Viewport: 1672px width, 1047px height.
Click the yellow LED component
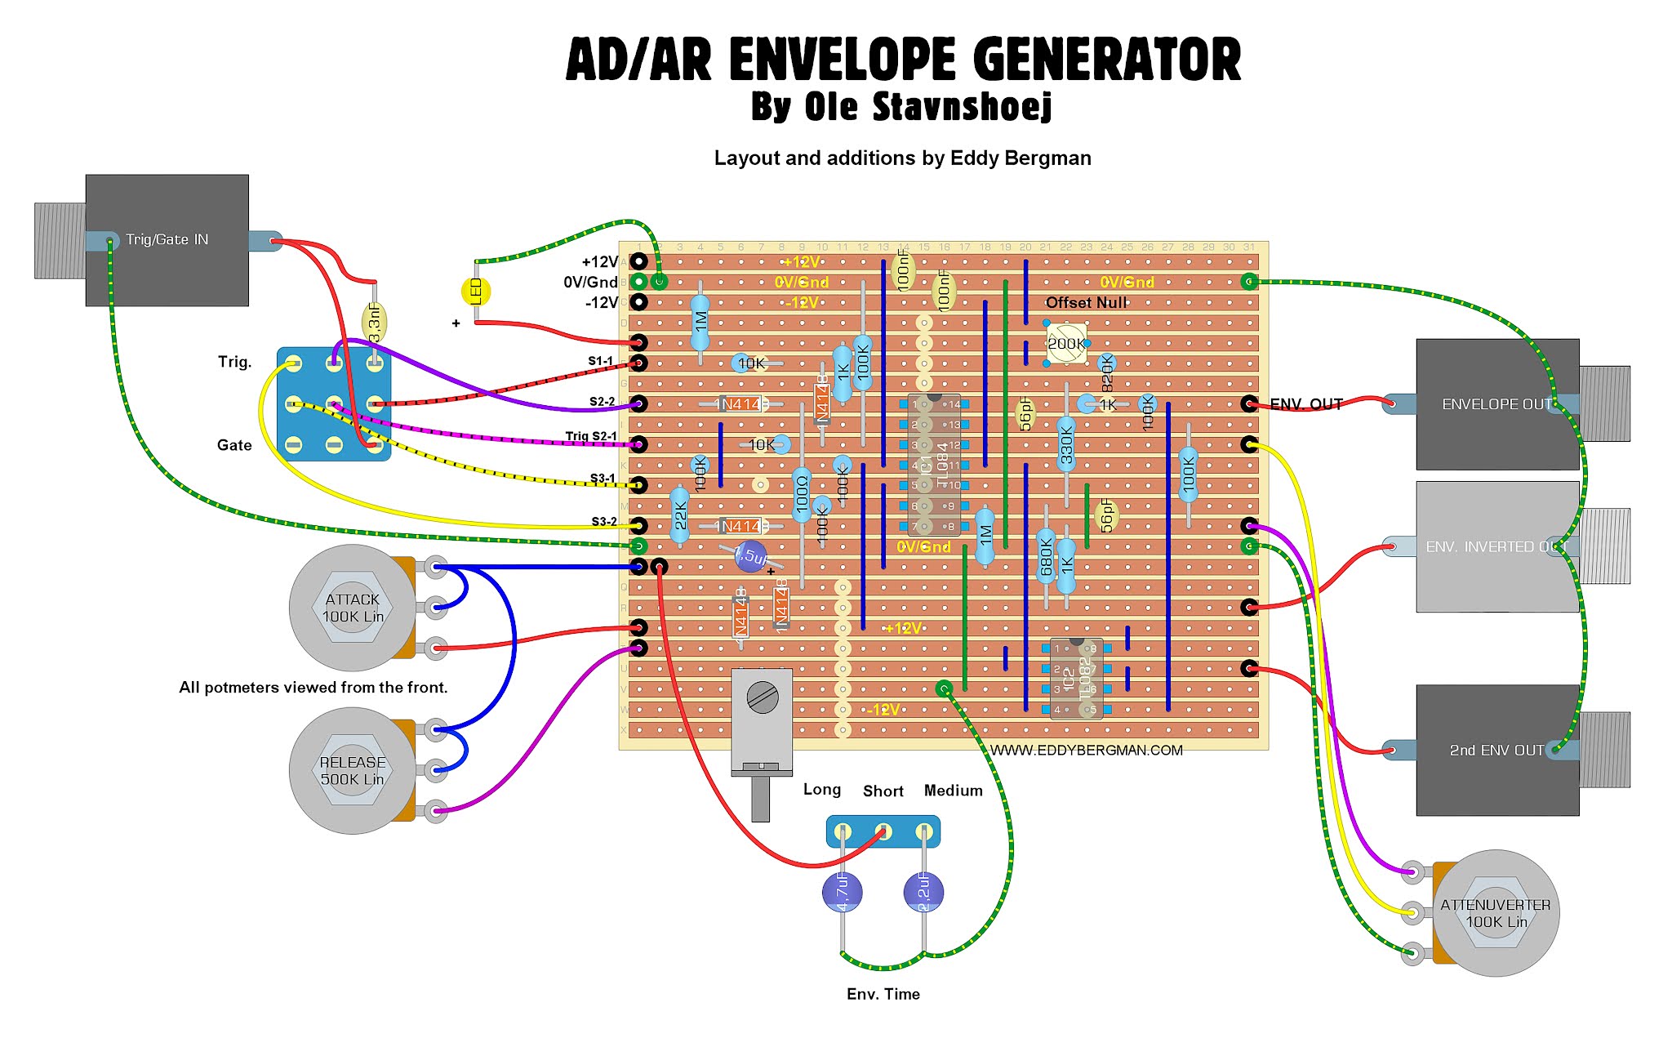476,292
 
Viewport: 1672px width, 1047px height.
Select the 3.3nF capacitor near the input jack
374,323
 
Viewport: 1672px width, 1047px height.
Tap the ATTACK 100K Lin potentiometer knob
353,608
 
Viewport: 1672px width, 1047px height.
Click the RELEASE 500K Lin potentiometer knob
353,770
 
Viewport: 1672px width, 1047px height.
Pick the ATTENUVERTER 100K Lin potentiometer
1495,913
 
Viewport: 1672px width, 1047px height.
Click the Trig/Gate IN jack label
167,239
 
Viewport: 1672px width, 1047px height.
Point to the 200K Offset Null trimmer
1066,343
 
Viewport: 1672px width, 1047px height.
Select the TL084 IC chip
934,465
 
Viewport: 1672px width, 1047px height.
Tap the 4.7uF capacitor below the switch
842,891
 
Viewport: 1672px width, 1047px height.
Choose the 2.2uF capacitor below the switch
923,891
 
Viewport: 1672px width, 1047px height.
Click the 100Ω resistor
802,495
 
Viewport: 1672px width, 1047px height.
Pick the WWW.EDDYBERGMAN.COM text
1086,750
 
